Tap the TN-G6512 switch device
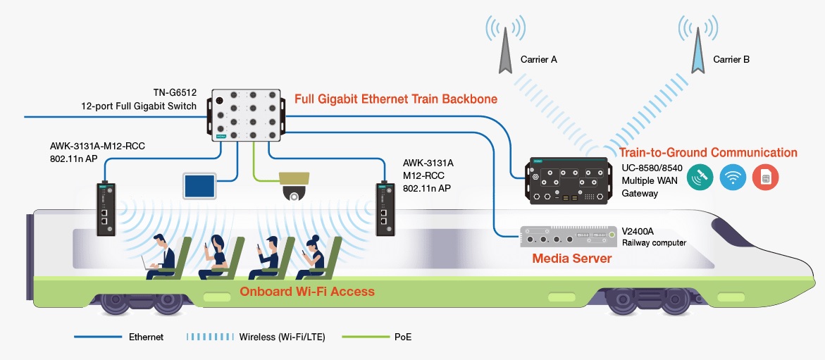pyautogui.click(x=246, y=115)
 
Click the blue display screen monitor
pyautogui.click(x=200, y=185)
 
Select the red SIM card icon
pyautogui.click(x=766, y=177)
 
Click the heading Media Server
pyautogui.click(x=571, y=259)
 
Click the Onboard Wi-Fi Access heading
pyautogui.click(x=306, y=292)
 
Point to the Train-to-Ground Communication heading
pyautogui.click(x=708, y=152)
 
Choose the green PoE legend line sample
pyautogui.click(x=364, y=337)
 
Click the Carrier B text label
pyautogui.click(x=731, y=60)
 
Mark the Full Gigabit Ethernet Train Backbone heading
pyautogui.click(x=395, y=99)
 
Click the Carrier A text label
pyautogui.click(x=539, y=60)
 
